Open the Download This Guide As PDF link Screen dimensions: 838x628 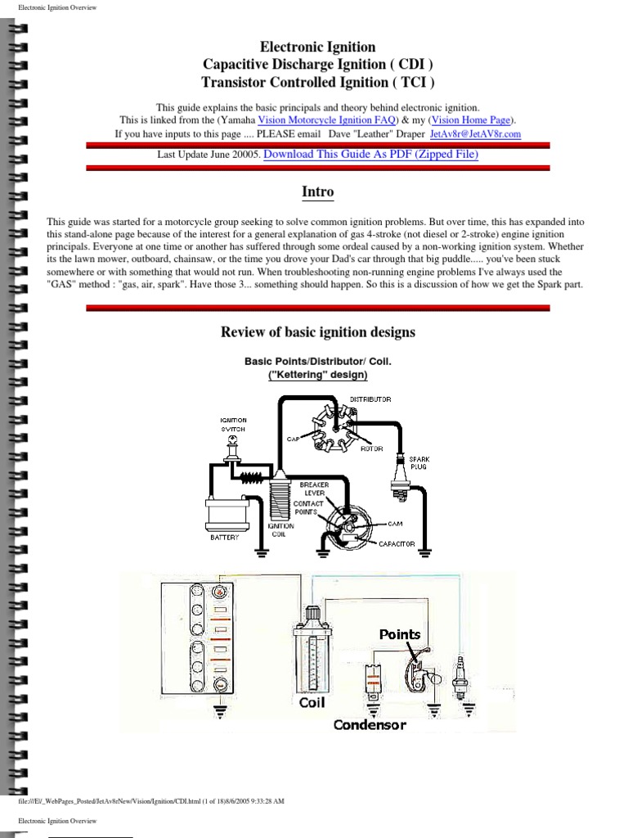pyautogui.click(x=370, y=154)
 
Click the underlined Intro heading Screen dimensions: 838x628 pyautogui.click(x=318, y=192)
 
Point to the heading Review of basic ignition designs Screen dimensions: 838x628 pyautogui.click(x=318, y=332)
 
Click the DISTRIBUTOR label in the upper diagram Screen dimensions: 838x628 pyautogui.click(x=370, y=399)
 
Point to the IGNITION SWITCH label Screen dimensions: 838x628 pyautogui.click(x=233, y=425)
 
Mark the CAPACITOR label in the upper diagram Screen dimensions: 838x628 pyautogui.click(x=397, y=543)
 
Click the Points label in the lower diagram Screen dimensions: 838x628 pyautogui.click(x=399, y=634)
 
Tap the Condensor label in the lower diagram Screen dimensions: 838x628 pyautogui.click(x=370, y=725)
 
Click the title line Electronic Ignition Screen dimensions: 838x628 pyautogui.click(x=318, y=47)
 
